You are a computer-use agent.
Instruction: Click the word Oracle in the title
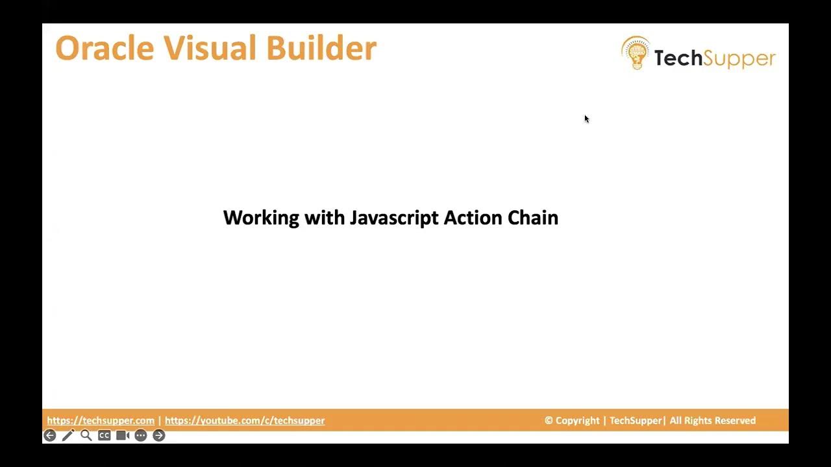point(105,49)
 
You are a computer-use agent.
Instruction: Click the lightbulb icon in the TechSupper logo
point(636,53)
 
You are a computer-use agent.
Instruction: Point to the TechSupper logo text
point(714,58)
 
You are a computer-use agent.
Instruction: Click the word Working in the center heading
point(261,218)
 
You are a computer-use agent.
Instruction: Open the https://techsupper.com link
point(101,420)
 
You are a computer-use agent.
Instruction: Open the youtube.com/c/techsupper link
point(245,420)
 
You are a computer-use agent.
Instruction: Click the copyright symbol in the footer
point(549,420)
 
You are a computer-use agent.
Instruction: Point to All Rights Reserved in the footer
point(712,420)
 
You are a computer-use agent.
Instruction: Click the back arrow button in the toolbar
point(50,435)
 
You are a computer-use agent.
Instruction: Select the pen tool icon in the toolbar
point(68,435)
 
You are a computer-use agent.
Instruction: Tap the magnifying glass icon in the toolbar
point(86,435)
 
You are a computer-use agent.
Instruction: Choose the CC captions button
point(104,435)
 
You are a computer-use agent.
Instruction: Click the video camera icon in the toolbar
point(123,435)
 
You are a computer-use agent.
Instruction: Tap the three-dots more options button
point(141,435)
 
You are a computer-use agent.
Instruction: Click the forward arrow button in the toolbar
point(159,435)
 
